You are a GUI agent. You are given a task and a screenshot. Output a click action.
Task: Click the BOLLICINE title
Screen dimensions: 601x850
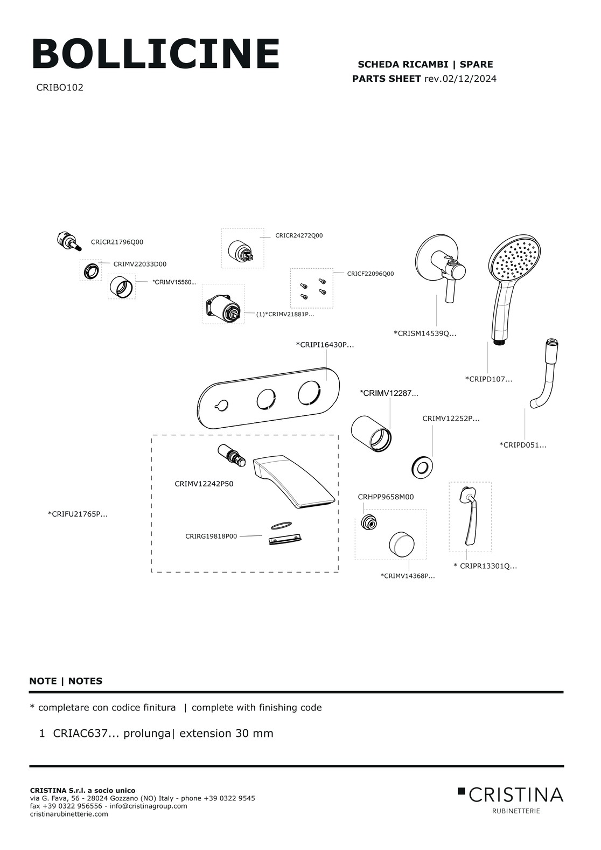(x=156, y=53)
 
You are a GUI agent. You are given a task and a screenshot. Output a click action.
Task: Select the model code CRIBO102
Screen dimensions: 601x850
(x=60, y=88)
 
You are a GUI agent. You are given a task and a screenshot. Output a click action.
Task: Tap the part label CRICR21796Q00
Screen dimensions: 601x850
(x=117, y=242)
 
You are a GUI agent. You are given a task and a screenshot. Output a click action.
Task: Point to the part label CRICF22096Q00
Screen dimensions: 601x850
(x=371, y=274)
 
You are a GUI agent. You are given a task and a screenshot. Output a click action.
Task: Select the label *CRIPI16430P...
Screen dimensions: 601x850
(x=325, y=345)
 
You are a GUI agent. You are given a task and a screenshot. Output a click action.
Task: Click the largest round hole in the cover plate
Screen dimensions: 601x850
(x=310, y=393)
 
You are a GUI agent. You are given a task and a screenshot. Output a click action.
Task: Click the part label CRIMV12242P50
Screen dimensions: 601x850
(x=204, y=484)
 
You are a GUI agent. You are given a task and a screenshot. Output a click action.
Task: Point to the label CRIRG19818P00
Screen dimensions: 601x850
(x=211, y=536)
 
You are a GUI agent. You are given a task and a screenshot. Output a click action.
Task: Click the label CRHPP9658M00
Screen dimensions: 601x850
(x=386, y=497)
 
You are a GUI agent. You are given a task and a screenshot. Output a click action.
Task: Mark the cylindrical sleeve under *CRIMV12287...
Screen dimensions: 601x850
(x=371, y=433)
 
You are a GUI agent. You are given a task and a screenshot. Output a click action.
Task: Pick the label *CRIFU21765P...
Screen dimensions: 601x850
(x=78, y=514)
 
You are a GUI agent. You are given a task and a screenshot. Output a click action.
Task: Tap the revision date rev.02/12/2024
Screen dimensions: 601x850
(x=460, y=79)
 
